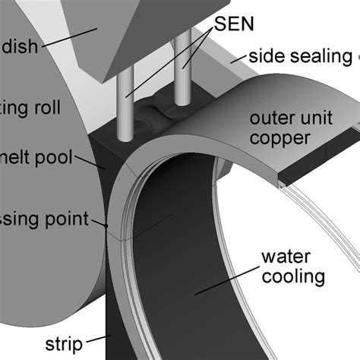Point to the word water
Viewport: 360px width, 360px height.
pos(283,257)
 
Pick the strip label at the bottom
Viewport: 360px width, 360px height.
pos(64,343)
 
